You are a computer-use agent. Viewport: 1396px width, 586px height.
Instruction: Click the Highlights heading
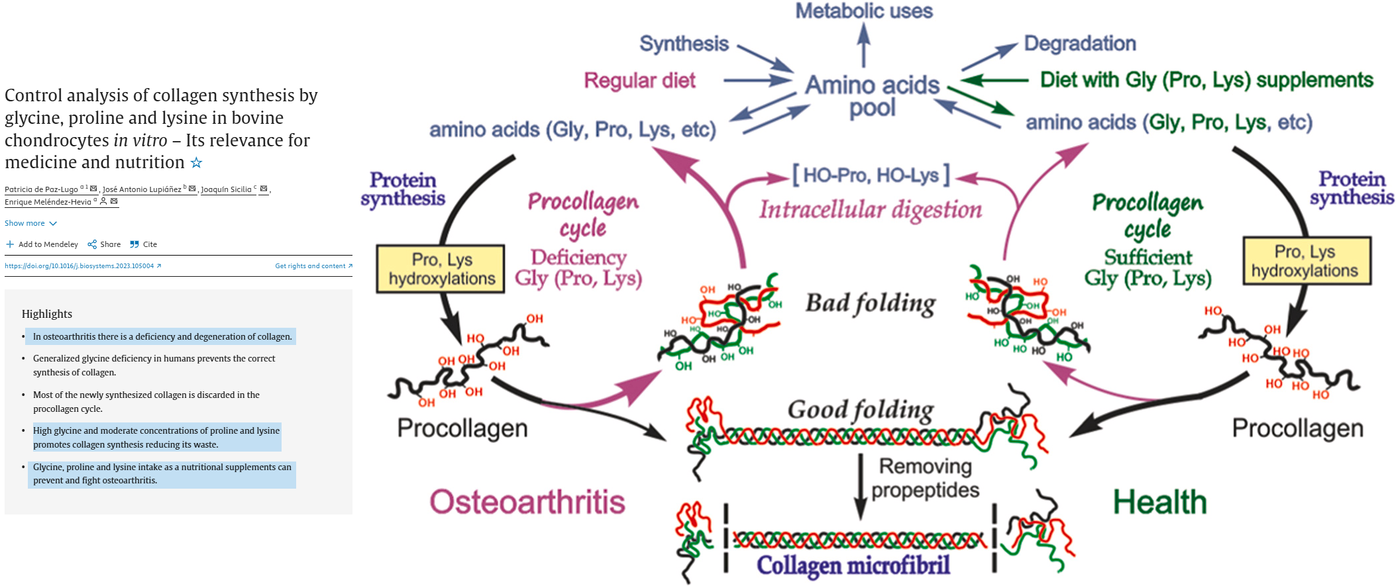click(46, 314)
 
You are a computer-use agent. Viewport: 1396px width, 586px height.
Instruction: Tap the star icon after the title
click(196, 162)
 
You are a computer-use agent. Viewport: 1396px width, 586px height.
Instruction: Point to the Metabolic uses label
click(863, 11)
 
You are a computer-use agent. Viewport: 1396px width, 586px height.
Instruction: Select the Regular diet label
click(639, 81)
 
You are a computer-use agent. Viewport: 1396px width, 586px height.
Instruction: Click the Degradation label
click(1079, 44)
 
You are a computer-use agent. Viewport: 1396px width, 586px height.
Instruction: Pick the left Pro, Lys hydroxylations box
click(441, 269)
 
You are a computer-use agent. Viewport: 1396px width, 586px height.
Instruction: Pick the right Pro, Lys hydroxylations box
click(1307, 261)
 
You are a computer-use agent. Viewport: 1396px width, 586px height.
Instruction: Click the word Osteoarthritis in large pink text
click(527, 502)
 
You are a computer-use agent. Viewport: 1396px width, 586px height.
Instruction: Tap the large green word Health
click(1159, 502)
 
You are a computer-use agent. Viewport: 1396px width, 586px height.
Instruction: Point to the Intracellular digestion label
click(870, 210)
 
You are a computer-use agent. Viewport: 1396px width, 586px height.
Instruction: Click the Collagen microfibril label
click(853, 565)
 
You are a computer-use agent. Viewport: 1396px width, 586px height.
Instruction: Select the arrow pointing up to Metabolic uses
click(863, 45)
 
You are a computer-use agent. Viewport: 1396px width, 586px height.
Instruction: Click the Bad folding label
click(870, 303)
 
